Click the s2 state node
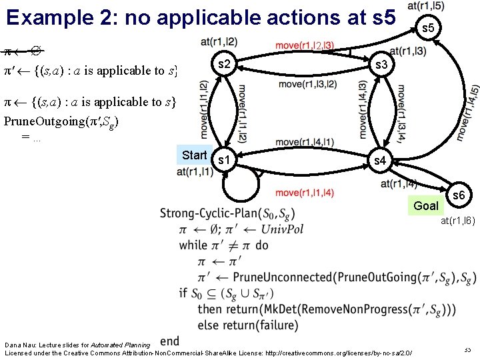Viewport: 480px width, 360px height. click(x=225, y=65)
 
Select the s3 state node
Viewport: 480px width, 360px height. click(x=381, y=65)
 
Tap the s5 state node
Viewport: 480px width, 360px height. click(x=429, y=27)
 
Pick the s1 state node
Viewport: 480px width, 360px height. click(x=225, y=160)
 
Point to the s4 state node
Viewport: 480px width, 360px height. click(x=379, y=160)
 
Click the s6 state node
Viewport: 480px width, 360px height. click(x=459, y=195)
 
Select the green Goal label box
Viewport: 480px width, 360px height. click(x=426, y=205)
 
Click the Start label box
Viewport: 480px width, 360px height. click(x=194, y=155)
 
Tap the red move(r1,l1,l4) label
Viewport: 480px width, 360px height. click(x=305, y=193)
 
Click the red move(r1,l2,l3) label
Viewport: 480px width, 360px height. click(x=304, y=45)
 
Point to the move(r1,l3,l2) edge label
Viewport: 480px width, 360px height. click(x=307, y=84)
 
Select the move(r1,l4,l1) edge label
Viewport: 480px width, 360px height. click(x=305, y=142)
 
